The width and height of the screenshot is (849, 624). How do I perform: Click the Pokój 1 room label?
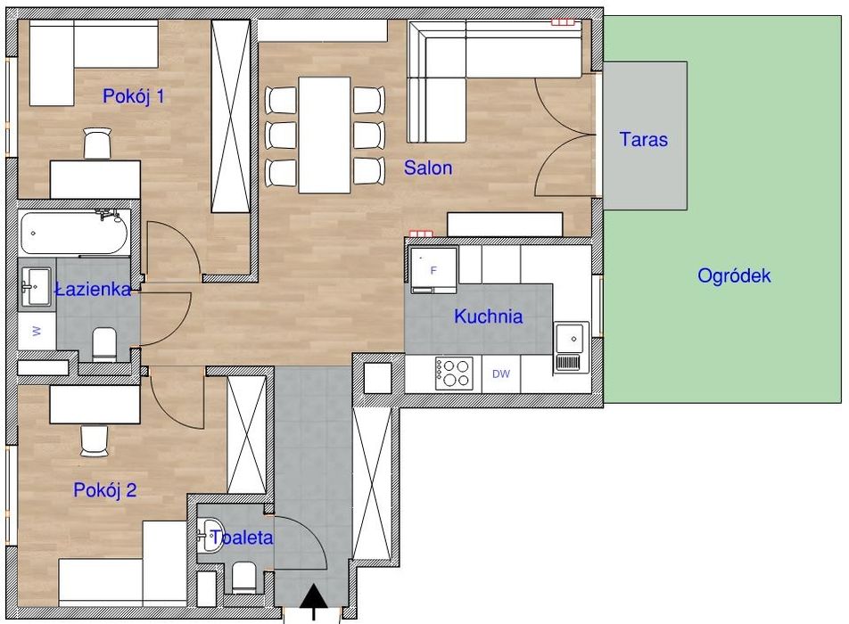133,96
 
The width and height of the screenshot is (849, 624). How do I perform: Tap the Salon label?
428,168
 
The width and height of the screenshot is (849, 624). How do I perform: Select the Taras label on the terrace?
643,140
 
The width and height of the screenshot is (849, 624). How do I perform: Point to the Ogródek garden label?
734,276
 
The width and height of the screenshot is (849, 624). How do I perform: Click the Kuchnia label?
489,316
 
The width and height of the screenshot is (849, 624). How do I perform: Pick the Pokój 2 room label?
104,490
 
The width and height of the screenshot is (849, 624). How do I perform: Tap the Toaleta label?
242,538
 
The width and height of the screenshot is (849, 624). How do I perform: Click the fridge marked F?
433,269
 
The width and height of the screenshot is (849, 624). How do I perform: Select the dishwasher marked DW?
501,374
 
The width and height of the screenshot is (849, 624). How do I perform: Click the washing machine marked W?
37,331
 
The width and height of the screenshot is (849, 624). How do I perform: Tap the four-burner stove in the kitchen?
454,373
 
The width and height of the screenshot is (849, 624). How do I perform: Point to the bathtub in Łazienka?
75,234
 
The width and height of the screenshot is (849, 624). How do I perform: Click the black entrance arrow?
314,603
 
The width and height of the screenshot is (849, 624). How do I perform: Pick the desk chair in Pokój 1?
97,144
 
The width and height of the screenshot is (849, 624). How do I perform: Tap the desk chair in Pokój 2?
95,440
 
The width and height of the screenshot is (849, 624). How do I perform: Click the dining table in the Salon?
325,135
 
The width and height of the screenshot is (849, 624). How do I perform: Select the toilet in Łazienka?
104,345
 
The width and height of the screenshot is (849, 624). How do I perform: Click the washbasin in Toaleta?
210,535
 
